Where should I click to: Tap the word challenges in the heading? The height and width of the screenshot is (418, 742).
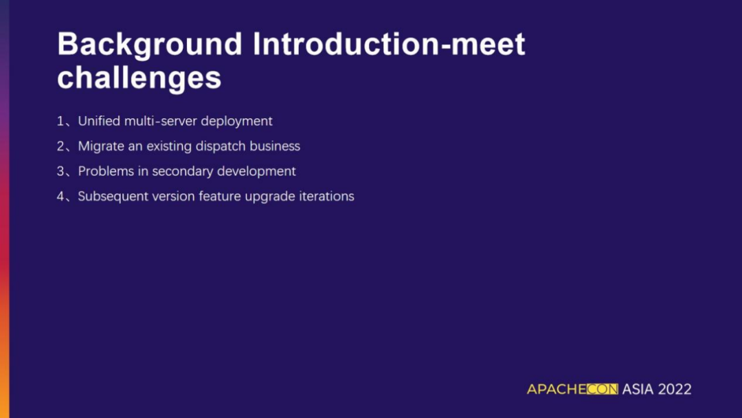[139, 77]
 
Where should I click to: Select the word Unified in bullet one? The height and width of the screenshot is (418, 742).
[99, 121]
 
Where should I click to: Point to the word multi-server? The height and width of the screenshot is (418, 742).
[160, 121]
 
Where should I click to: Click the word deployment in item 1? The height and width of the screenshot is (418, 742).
[236, 122]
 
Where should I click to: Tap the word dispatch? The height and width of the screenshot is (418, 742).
[221, 146]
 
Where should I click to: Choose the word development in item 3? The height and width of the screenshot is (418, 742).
[256, 172]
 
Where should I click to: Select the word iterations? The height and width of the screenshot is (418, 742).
[326, 197]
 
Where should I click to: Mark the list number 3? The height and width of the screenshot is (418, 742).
[60, 171]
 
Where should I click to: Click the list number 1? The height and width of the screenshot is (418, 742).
[60, 121]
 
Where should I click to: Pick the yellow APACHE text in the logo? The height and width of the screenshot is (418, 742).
[556, 389]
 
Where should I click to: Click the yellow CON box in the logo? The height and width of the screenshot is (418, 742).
[603, 389]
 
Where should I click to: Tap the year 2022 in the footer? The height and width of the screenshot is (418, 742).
[675, 389]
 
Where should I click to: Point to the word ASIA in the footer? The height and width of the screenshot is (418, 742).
[638, 389]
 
